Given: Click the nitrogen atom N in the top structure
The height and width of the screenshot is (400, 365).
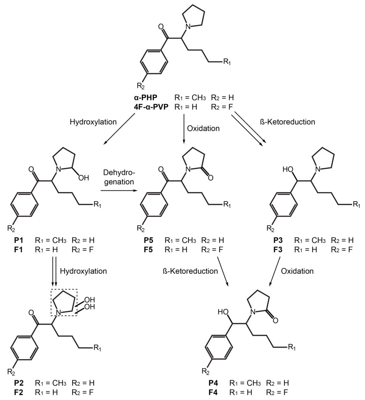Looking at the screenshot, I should click(x=187, y=28).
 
